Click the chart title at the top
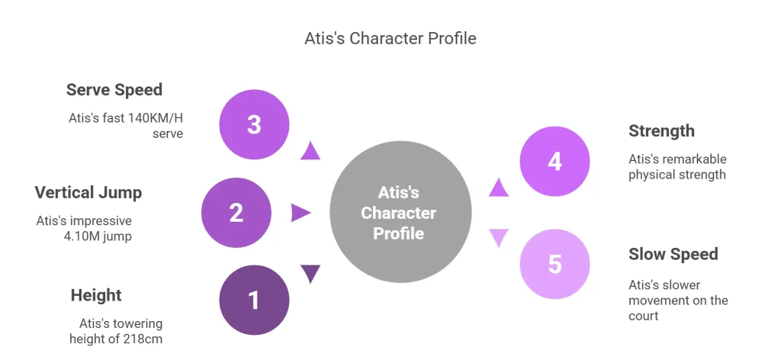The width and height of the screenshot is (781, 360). coord(390,38)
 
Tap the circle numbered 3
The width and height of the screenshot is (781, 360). coord(254,124)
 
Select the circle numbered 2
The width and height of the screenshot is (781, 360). coord(236,212)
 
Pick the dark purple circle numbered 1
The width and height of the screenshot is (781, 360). coord(254,300)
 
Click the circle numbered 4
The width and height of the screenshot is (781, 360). coord(554,162)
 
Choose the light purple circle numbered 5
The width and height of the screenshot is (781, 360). coord(554,264)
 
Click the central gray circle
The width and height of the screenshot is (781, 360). coord(400,212)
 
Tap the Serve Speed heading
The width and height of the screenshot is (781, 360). coord(114,90)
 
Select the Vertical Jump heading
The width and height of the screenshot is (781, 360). coord(88,191)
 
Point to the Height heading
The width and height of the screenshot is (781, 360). coord(96,295)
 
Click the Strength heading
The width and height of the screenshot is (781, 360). coord(661,131)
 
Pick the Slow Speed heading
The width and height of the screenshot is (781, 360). coord(673,254)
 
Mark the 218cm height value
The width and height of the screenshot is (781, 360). coord(146,339)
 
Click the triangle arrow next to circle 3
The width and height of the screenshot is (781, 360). coord(310,150)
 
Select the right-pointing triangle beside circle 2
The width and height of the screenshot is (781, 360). coord(301,213)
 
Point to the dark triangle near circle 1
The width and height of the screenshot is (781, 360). coord(310,273)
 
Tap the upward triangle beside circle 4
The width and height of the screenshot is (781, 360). coord(499,188)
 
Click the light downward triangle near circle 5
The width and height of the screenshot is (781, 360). coord(499,237)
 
